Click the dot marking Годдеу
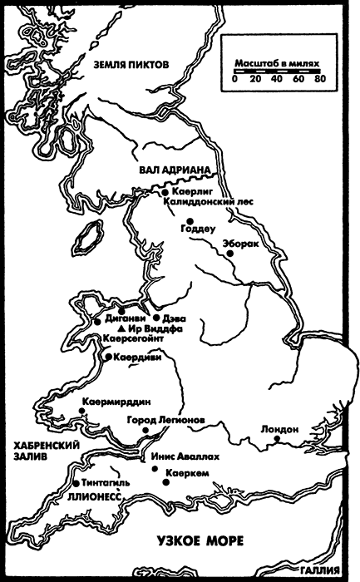pos(190,221)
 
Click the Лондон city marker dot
pos(279,441)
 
